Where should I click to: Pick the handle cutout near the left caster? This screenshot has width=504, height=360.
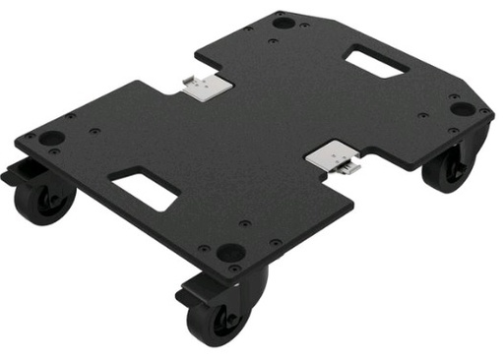click(x=144, y=187)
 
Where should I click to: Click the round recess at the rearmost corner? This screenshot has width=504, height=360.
click(x=283, y=22)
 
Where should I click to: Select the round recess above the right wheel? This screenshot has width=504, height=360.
click(x=461, y=108)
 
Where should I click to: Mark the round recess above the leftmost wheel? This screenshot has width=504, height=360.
click(x=50, y=139)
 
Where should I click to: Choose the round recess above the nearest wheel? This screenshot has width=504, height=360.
click(x=229, y=252)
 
